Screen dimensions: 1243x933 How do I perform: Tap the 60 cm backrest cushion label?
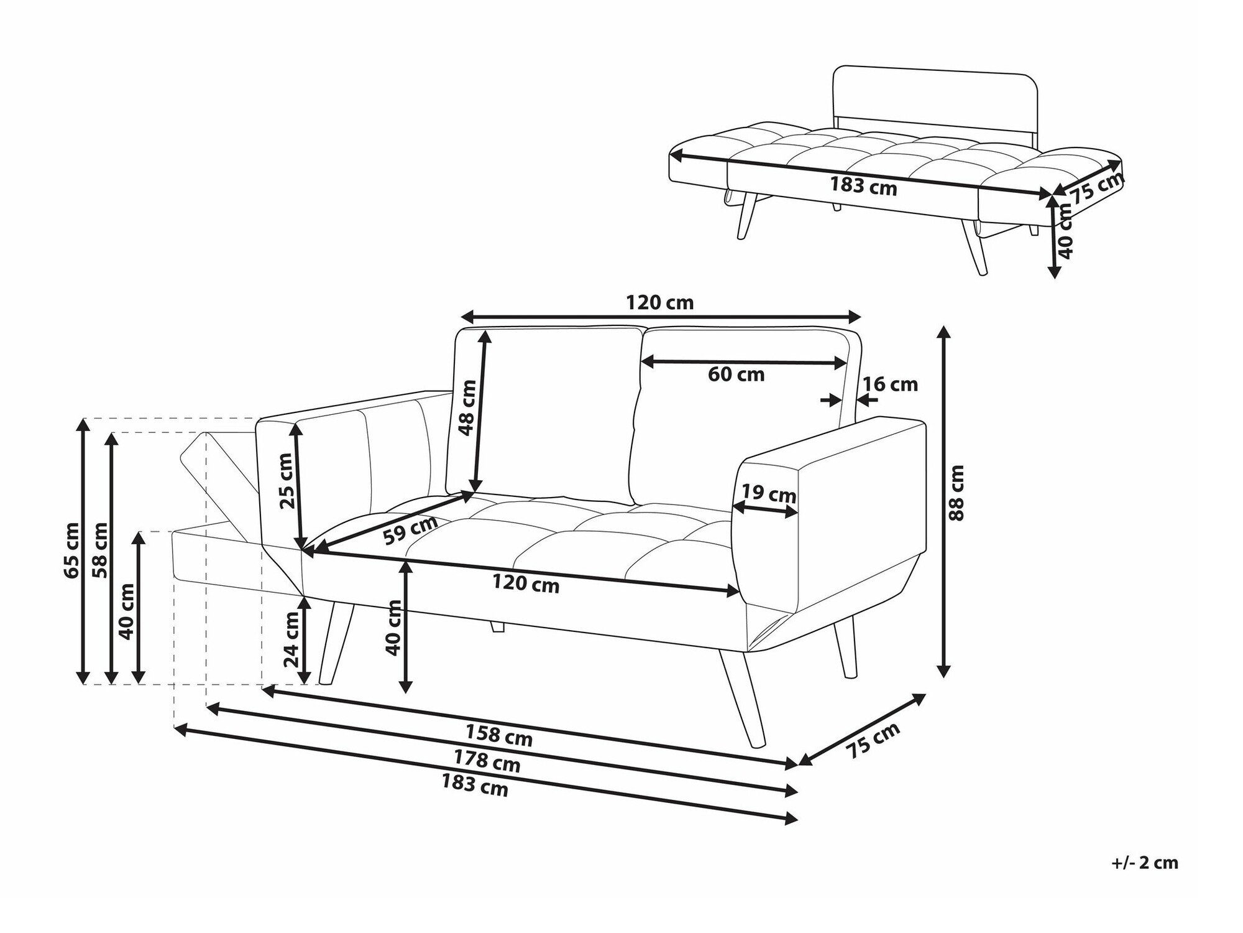pos(736,374)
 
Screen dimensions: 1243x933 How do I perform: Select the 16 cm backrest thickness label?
pos(890,384)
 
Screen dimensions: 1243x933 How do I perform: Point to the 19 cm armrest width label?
pos(769,494)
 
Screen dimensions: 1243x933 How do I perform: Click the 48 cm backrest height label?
pos(467,407)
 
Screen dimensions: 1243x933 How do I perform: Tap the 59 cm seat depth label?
pos(410,530)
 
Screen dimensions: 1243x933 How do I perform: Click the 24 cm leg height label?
pos(292,638)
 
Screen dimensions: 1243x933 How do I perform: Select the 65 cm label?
pos(71,550)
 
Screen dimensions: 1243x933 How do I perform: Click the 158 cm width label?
pos(499,736)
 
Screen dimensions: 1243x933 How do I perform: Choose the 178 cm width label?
pos(487,761)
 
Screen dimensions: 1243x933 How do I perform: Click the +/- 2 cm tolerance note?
pos(1145,863)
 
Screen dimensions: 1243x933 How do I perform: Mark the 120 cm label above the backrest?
pos(659,303)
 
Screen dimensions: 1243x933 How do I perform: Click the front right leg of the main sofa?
pos(742,697)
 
